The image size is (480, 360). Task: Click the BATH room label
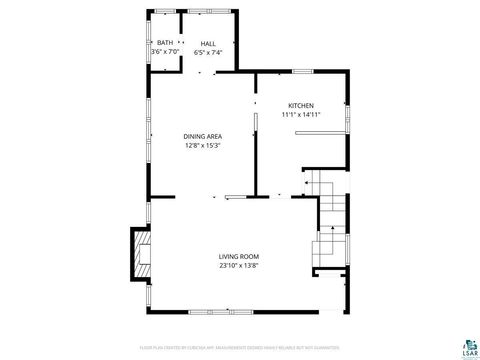(x=164, y=43)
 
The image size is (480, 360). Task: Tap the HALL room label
(x=208, y=43)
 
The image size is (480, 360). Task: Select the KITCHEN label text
(x=301, y=105)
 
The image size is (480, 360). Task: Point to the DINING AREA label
(x=202, y=136)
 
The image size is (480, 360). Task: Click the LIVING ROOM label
(x=239, y=257)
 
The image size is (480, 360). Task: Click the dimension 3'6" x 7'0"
(x=164, y=52)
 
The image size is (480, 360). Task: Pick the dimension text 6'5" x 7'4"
(x=208, y=52)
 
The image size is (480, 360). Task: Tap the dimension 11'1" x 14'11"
(x=301, y=114)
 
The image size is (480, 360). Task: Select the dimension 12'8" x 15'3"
(x=202, y=145)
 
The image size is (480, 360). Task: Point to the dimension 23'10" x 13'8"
(x=239, y=266)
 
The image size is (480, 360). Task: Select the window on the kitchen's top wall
(x=300, y=70)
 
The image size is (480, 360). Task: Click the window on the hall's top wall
(x=209, y=11)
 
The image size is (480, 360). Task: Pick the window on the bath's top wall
(x=165, y=11)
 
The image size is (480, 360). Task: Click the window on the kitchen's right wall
(x=347, y=118)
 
